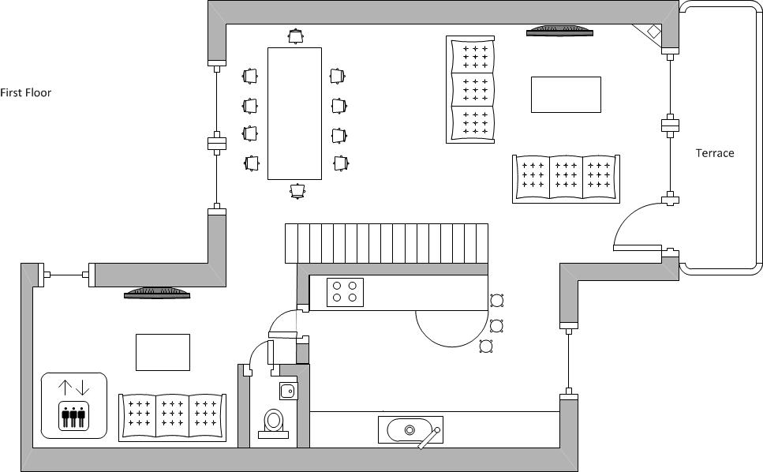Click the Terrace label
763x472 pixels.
coord(714,153)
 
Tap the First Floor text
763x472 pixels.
coord(26,92)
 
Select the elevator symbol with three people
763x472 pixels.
coord(74,406)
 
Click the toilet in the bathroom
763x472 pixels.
coord(274,422)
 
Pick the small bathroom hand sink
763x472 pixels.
coord(288,391)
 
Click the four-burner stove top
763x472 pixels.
coord(345,292)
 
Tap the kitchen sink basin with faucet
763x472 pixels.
coord(411,430)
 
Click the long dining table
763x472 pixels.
coord(294,114)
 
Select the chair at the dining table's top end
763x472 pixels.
coord(295,36)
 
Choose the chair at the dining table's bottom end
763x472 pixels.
coord(297,191)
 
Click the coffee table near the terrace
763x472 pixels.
coord(566,95)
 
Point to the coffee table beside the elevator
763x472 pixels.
coord(163,352)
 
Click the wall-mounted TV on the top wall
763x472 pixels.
coord(559,31)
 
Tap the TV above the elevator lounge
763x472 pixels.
coord(157,293)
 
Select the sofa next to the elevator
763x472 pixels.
coord(172,418)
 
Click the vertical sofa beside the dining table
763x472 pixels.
coord(470,89)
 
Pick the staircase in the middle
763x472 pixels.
coord(387,243)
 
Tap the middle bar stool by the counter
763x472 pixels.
coord(496,325)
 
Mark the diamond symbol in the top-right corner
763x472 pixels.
coord(653,31)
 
